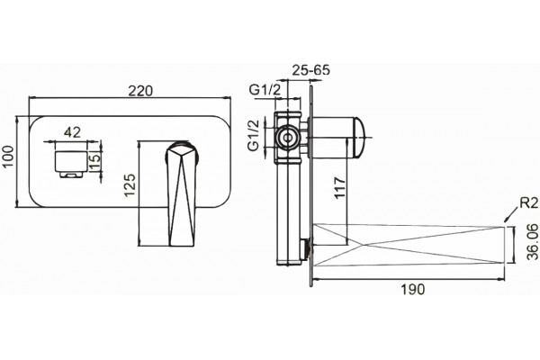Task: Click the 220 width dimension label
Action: pyautogui.click(x=140, y=91)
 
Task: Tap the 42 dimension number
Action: pyautogui.click(x=73, y=132)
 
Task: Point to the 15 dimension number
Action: pyautogui.click(x=95, y=160)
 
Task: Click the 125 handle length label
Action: pyautogui.click(x=130, y=185)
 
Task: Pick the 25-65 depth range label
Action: pyautogui.click(x=311, y=70)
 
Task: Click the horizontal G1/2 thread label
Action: pyautogui.click(x=265, y=90)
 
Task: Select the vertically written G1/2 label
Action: pyautogui.click(x=254, y=136)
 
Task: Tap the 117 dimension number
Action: pyautogui.click(x=340, y=188)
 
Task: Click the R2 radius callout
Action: pyautogui.click(x=528, y=202)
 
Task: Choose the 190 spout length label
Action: pyautogui.click(x=413, y=290)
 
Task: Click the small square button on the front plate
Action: pyautogui.click(x=71, y=164)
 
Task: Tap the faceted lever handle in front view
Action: pyautogui.click(x=182, y=194)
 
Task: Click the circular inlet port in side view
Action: pyautogui.click(x=287, y=137)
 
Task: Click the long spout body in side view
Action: pyautogui.click(x=409, y=246)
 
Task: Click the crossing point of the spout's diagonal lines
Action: pyautogui.click(x=361, y=246)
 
